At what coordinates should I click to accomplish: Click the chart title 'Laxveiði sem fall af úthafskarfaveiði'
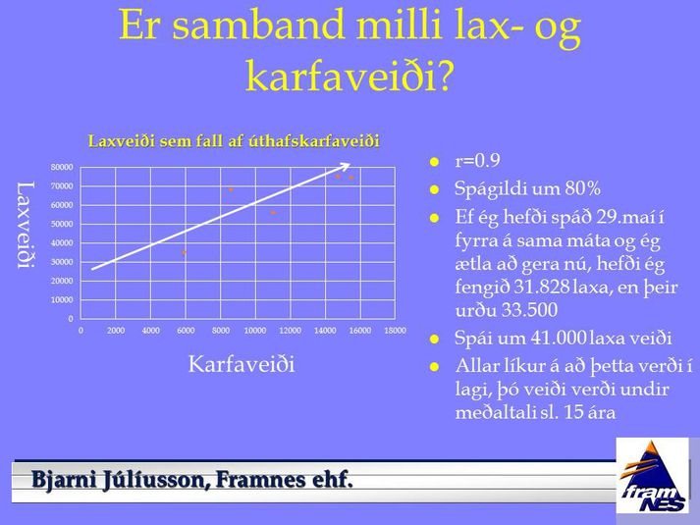point(234,141)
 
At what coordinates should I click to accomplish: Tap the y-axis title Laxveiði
point(26,225)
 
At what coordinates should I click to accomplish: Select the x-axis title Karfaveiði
point(242,364)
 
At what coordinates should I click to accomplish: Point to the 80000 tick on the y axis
point(62,167)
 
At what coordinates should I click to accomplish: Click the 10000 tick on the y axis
point(62,299)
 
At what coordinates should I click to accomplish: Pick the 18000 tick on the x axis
point(395,331)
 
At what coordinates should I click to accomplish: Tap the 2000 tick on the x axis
point(116,331)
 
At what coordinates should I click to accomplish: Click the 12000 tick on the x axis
point(291,331)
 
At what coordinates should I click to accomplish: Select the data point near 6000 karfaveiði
point(184,252)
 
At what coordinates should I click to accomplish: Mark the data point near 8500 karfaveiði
point(231,189)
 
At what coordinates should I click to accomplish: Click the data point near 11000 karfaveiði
point(273,213)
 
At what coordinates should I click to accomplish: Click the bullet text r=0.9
point(477,160)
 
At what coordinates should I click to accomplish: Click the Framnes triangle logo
point(653,476)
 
